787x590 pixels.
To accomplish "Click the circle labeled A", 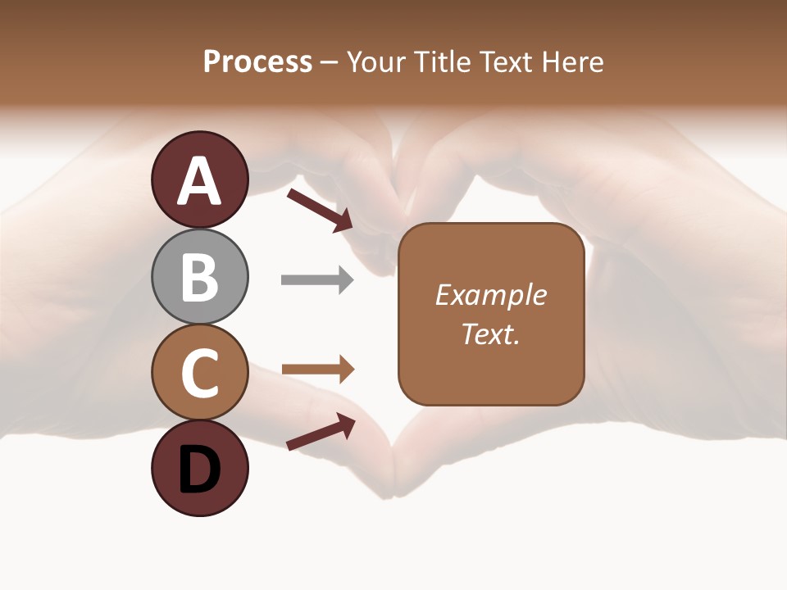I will tap(200, 179).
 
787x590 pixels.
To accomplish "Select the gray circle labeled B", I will tap(200, 276).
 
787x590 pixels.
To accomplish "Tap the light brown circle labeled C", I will tap(200, 373).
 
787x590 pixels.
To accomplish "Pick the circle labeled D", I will tap(200, 469).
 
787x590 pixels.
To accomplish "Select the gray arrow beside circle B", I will tap(317, 280).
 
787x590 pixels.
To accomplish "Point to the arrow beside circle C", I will tap(317, 370).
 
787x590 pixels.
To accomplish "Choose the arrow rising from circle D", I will tap(321, 432).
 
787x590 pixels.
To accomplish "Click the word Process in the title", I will tap(257, 61).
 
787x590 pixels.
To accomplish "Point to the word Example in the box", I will tap(490, 295).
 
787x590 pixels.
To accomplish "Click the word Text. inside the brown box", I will tap(490, 334).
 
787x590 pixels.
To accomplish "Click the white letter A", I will tap(200, 180).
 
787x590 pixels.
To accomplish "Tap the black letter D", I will tap(200, 470).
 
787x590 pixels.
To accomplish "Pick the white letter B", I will tap(200, 277).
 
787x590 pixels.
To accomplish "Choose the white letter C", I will tap(200, 374).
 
